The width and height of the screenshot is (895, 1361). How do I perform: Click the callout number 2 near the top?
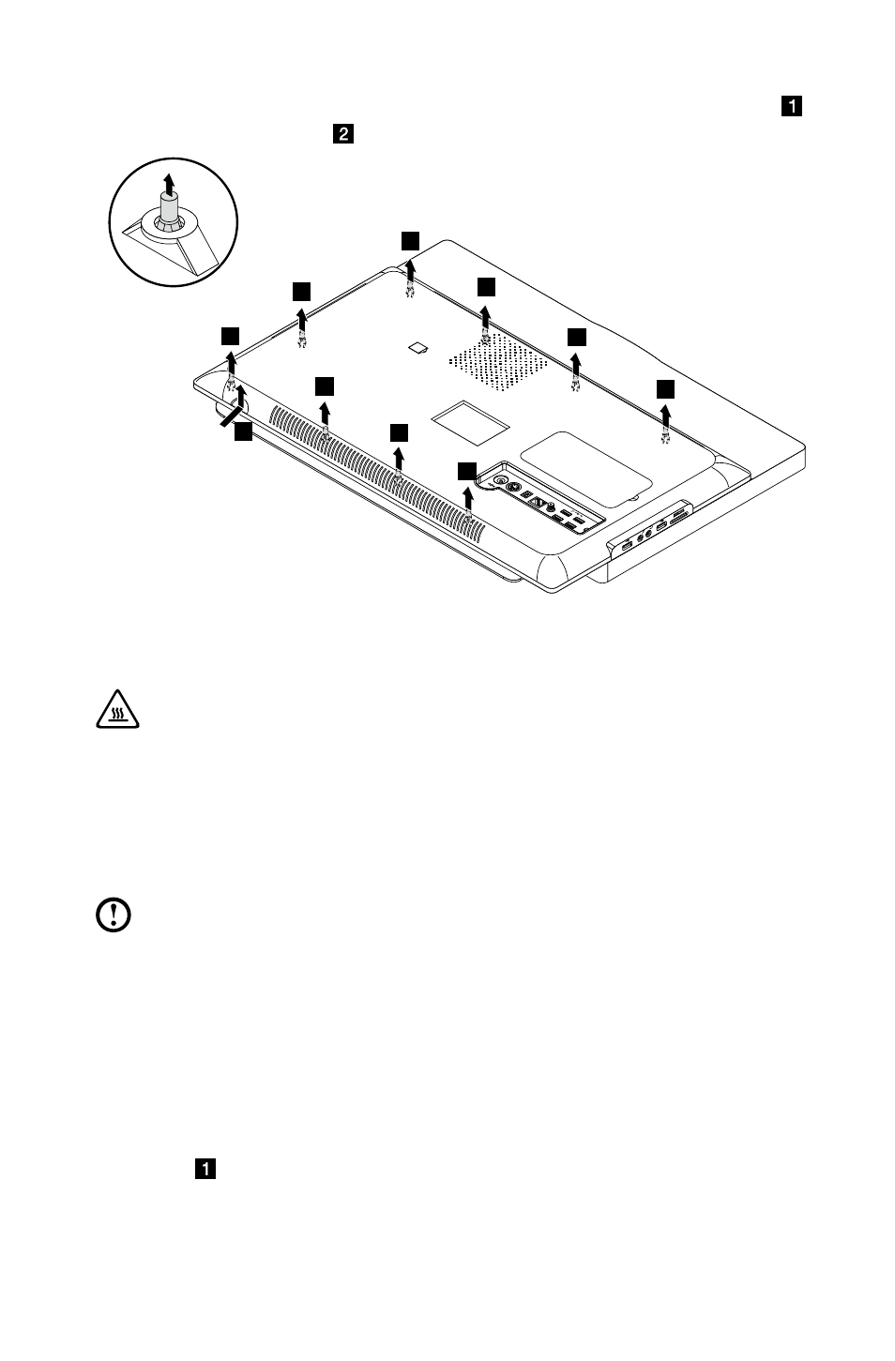tap(343, 134)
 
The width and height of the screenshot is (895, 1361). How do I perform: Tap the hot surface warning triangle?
tap(118, 709)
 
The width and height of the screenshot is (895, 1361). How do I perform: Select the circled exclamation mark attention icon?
tap(114, 915)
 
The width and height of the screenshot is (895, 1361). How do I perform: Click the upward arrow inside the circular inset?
tap(169, 184)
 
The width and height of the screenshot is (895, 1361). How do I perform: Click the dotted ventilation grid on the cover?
tap(498, 361)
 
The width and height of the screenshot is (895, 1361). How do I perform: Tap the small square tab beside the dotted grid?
tap(418, 348)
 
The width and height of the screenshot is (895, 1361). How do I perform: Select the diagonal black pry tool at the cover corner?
tap(231, 416)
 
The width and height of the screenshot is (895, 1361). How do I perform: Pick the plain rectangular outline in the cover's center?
tap(470, 422)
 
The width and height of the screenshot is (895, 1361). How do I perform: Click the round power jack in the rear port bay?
tap(499, 479)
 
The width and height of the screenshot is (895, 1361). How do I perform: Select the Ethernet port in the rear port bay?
tap(538, 502)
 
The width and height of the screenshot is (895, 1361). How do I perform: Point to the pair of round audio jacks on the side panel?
tap(645, 534)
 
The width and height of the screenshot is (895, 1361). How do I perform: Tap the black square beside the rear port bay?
tap(467, 472)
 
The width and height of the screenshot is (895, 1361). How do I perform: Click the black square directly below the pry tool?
tap(244, 431)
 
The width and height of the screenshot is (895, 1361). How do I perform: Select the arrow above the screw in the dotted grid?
tap(485, 318)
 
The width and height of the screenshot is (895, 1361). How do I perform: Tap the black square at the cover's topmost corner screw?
tap(411, 241)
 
